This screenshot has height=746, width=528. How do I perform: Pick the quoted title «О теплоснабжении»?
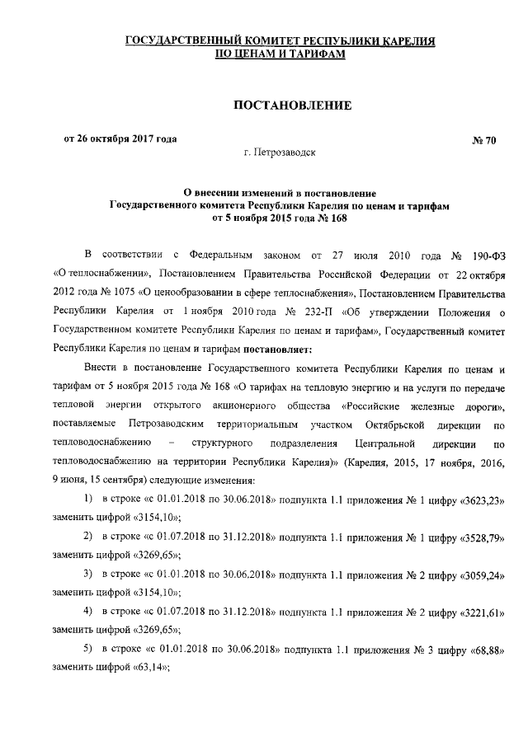click(x=96, y=271)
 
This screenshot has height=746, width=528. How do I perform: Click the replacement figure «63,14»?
click(x=144, y=667)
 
